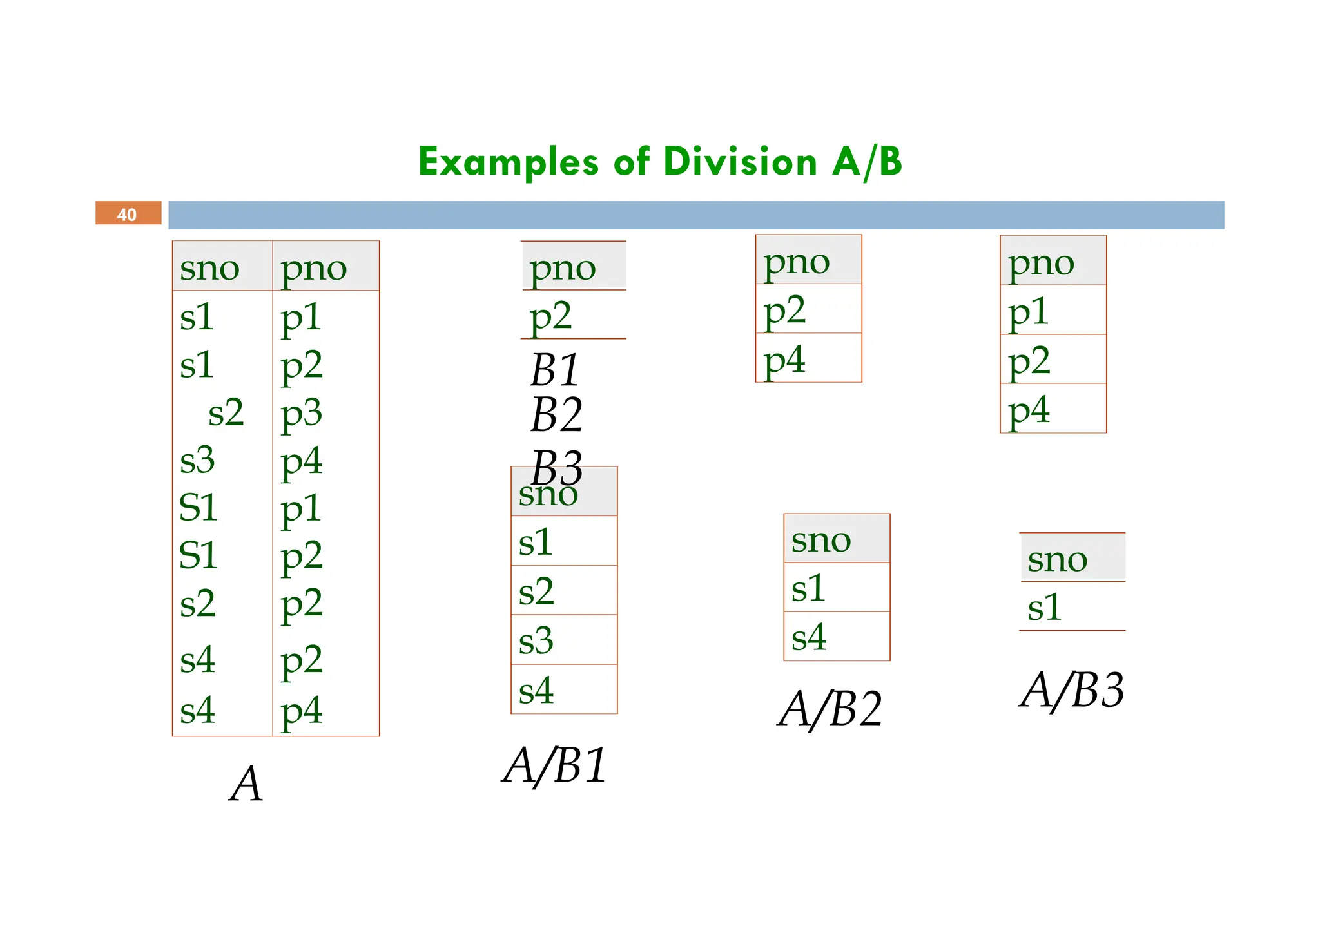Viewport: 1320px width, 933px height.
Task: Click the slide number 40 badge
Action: (128, 213)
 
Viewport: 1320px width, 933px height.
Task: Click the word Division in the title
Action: (740, 162)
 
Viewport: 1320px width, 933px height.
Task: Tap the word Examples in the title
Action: (509, 162)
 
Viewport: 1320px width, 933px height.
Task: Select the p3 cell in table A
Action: (301, 412)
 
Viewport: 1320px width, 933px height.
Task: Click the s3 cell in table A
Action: (197, 460)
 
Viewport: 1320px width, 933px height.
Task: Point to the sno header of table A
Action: (209, 267)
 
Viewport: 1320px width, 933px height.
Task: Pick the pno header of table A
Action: (314, 267)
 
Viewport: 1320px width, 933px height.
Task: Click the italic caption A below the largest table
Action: (246, 784)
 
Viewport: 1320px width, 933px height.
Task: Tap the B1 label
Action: (555, 370)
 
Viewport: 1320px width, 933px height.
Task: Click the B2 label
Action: (557, 414)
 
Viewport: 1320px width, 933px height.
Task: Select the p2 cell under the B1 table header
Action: (550, 316)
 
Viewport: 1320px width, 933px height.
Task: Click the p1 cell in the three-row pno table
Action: (1029, 312)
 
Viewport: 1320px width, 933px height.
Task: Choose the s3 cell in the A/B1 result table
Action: (536, 640)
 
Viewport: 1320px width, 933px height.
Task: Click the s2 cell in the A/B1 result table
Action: (536, 591)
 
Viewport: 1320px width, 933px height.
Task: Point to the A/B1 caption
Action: (555, 766)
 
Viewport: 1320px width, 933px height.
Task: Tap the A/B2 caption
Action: (830, 709)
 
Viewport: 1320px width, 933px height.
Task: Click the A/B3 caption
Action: (1072, 690)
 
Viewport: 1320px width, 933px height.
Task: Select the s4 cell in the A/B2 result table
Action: (809, 637)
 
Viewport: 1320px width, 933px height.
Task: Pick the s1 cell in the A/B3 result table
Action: (1045, 607)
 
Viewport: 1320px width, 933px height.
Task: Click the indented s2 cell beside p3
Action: (226, 412)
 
